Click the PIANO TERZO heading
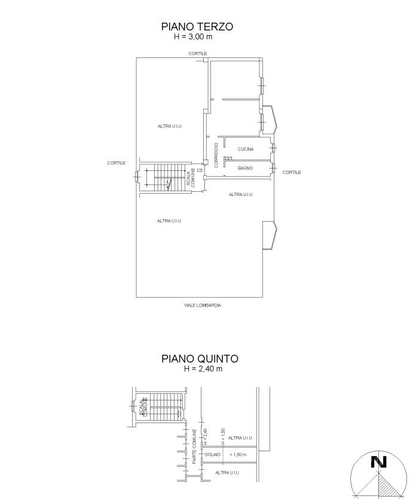pos(197,26)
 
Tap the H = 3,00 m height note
pos(193,36)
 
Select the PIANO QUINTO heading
pos(200,359)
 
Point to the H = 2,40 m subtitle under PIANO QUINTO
pos(203,369)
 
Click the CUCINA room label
pos(246,149)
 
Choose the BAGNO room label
pos(245,168)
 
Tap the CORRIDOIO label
pos(216,155)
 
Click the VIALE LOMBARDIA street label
pos(203,305)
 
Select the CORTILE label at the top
pos(198,53)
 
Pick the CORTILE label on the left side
pos(116,163)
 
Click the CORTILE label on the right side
pos(292,173)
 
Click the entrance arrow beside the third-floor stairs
pos(200,170)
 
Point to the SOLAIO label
pos(213,454)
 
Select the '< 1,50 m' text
pos(238,454)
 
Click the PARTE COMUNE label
pos(194,446)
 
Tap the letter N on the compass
pos(379,462)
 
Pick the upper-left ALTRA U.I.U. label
pos(170,126)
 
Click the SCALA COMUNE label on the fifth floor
pos(143,407)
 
